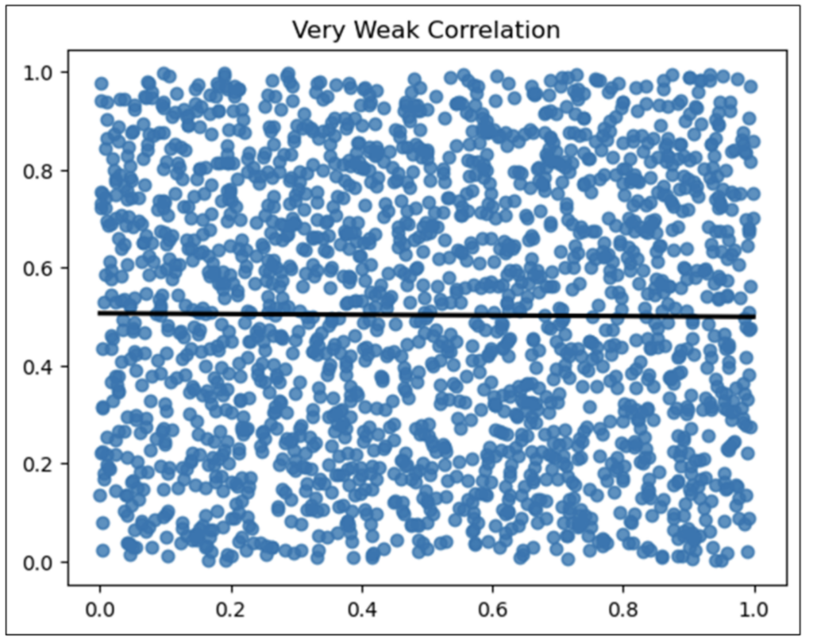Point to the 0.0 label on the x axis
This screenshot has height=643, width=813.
pos(100,612)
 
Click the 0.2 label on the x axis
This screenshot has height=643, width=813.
pos(231,612)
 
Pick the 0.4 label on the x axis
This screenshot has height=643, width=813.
pos(362,612)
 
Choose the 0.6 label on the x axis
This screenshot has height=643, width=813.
pos(492,612)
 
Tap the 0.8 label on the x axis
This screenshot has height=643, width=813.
pos(623,612)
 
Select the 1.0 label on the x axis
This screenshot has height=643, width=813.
pos(753,612)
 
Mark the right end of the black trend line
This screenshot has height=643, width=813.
pos(753,317)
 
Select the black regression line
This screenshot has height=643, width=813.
pos(427,315)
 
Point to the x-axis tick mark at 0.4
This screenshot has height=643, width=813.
pos(362,591)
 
